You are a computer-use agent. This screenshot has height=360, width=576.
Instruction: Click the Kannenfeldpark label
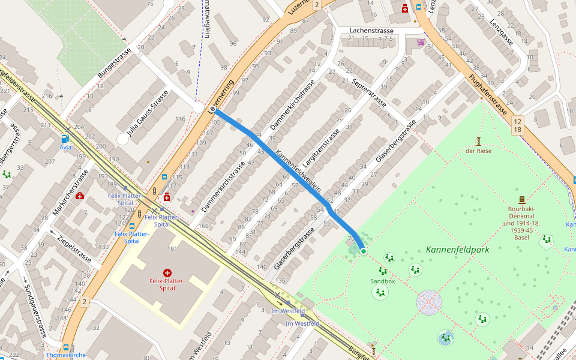[x=457, y=249]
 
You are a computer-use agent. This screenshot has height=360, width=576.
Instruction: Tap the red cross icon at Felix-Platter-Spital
[x=167, y=272]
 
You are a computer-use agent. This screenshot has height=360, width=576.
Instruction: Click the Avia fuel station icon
[x=65, y=139]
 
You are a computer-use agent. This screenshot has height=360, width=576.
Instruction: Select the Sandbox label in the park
[x=382, y=281]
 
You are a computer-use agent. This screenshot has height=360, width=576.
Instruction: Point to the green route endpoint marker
[x=363, y=251]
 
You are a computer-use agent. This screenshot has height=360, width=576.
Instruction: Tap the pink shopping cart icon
[x=421, y=43]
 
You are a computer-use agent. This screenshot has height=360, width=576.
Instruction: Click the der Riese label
[x=478, y=151]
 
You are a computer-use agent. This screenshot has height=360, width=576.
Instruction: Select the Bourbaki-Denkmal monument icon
[x=521, y=200]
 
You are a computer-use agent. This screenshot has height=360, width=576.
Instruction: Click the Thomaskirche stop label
[x=66, y=355]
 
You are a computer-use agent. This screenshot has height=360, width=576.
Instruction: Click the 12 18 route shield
[x=517, y=125]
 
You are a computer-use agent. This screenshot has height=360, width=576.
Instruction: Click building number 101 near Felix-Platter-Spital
[x=172, y=248]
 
